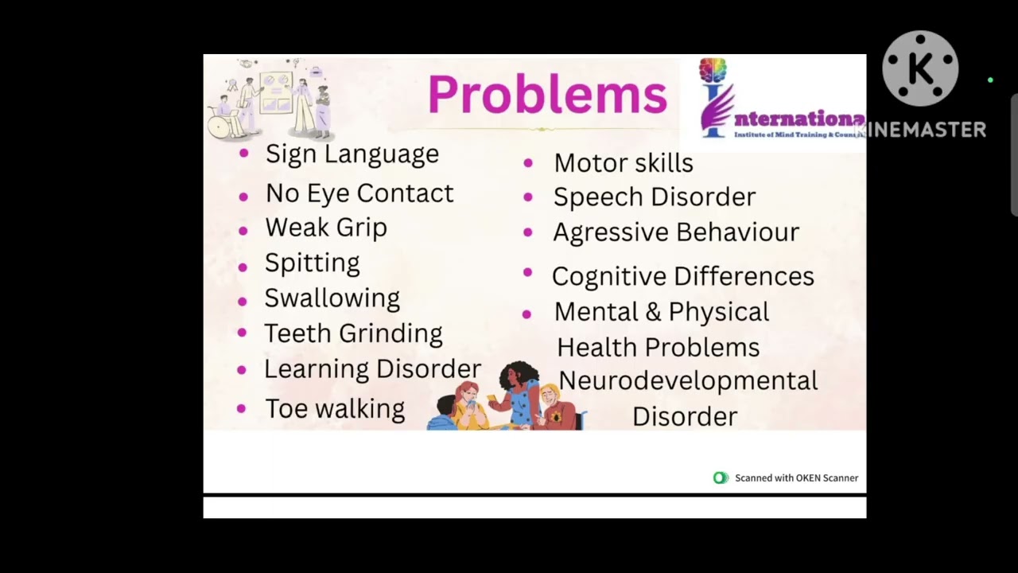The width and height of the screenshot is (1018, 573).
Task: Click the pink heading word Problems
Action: [x=547, y=95]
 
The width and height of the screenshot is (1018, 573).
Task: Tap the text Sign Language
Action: [x=352, y=154]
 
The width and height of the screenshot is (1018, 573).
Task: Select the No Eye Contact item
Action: [x=359, y=193]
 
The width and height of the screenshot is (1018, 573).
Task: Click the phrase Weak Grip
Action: [x=326, y=228]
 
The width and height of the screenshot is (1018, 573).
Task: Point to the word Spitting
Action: [x=312, y=263]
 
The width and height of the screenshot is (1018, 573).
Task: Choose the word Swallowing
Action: [x=332, y=298]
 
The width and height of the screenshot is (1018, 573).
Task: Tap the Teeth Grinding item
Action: [x=353, y=333]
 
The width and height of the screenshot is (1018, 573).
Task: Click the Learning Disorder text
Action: [x=372, y=368]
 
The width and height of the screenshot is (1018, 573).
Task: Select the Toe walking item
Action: [x=335, y=409]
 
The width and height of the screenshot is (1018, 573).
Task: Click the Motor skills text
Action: [x=624, y=163]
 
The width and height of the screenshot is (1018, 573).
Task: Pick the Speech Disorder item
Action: [x=654, y=197]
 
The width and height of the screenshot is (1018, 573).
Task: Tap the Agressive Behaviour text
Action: [x=676, y=232]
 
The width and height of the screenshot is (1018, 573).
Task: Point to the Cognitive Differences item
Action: [x=682, y=276]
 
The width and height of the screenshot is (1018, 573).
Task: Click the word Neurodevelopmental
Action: [x=688, y=381]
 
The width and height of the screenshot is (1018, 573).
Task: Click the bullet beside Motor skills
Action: [x=528, y=163]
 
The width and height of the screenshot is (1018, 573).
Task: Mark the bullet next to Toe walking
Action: [x=242, y=409]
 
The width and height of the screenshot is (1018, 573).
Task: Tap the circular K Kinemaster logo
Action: [x=920, y=69]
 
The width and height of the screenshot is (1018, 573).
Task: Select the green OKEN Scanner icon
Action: [x=721, y=478]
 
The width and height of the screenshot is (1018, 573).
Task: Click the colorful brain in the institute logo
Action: [x=713, y=69]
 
